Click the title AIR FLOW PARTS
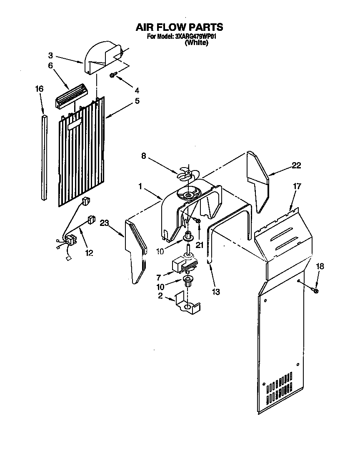(x=180, y=28)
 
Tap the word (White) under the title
(x=196, y=43)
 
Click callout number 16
(x=39, y=89)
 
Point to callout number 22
(x=296, y=165)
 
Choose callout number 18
(x=320, y=266)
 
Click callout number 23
(x=105, y=223)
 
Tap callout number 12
(x=89, y=253)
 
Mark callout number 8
(x=143, y=157)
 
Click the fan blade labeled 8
(x=186, y=173)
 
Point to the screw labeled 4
(x=113, y=75)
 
